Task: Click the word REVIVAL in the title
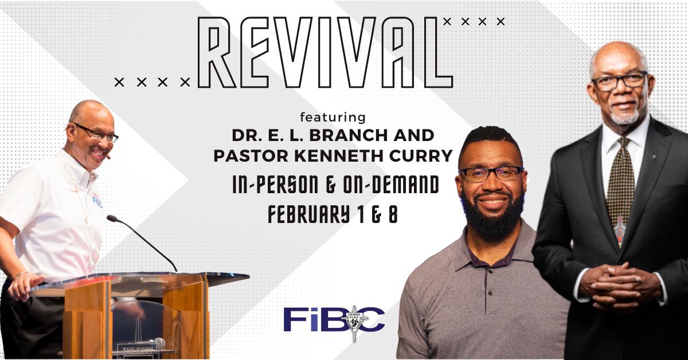pos(326,52)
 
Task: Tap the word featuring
pos(333,118)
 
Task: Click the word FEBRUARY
pos(308,214)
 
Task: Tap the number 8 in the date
pos(393,214)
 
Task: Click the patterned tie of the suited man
pos(620,190)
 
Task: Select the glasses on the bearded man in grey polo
pos(491,174)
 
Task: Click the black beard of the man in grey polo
pos(493,215)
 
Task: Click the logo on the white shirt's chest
pos(97,199)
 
